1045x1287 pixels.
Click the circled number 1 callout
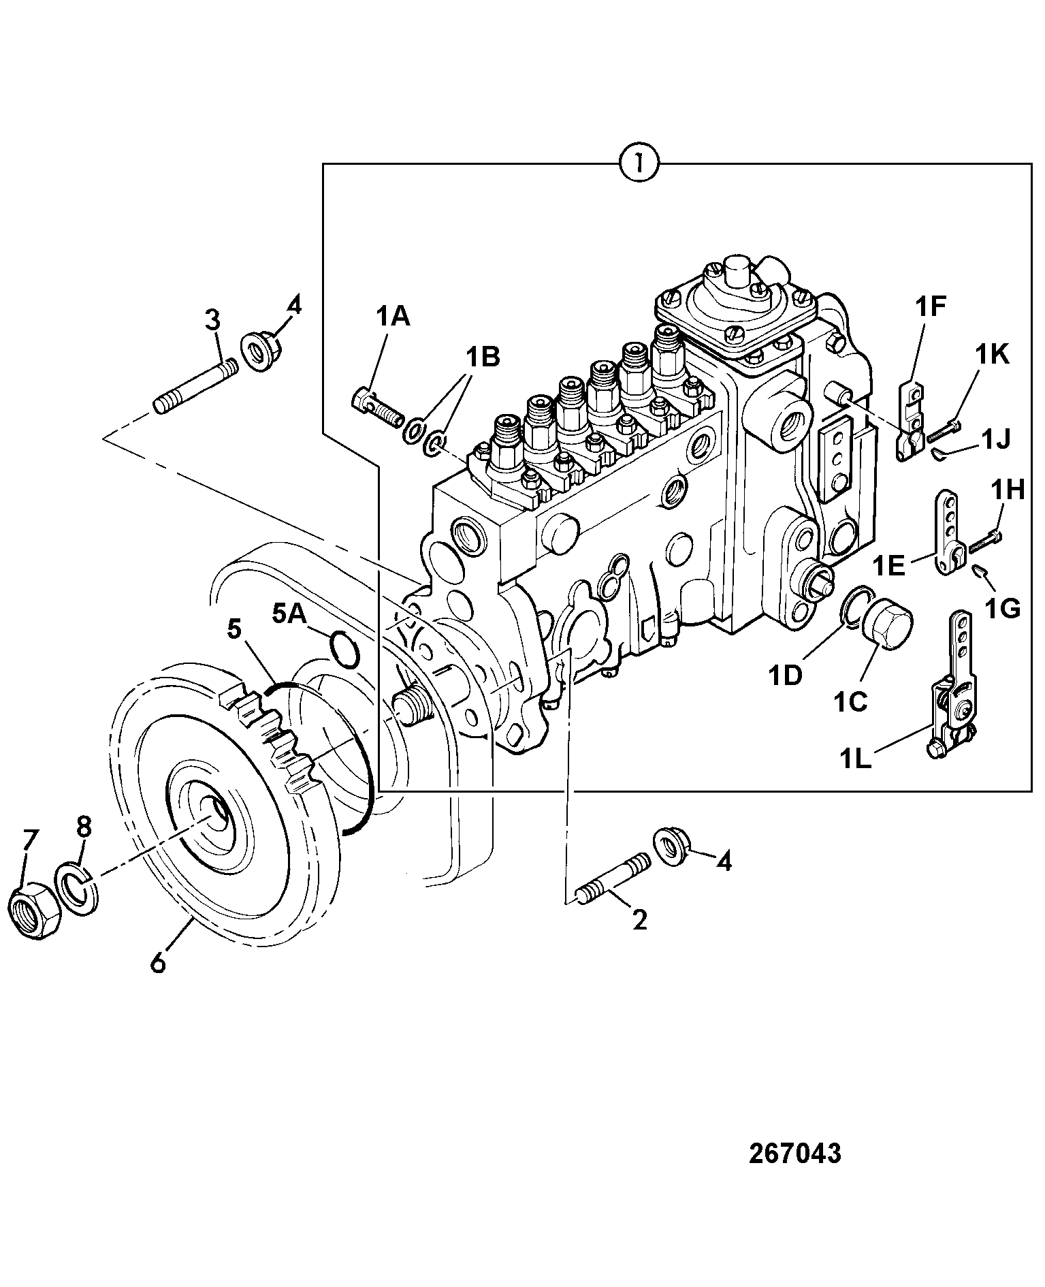point(639,163)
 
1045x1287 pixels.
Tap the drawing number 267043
point(794,1153)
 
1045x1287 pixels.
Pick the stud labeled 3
point(196,385)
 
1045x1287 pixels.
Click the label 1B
point(482,356)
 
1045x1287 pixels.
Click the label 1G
point(1004,608)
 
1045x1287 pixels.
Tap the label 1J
point(993,439)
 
